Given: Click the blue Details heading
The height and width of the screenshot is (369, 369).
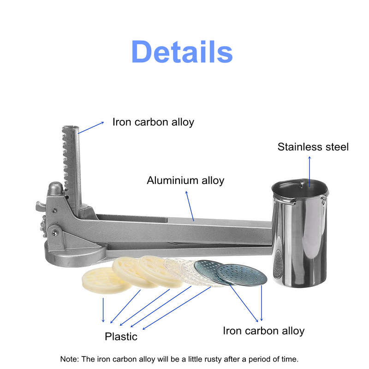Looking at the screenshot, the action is pos(182,52).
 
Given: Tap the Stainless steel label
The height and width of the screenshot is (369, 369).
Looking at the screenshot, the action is pos(313,147).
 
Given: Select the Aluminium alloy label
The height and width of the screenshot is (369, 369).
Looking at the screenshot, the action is pos(185,180).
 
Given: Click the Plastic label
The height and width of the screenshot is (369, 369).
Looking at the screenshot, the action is pos(121,337).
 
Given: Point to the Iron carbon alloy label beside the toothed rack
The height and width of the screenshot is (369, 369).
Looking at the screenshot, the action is pos(153,122).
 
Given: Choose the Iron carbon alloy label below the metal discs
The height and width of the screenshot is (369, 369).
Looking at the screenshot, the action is pos(263,331).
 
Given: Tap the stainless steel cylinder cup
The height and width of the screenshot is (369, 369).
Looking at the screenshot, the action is pos(299,233).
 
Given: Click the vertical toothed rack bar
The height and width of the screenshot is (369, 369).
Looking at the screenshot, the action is pos(72,169).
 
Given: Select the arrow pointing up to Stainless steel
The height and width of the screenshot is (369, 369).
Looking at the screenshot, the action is pos(309,172).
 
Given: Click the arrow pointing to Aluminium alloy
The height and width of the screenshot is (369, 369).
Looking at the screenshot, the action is pos(190,206).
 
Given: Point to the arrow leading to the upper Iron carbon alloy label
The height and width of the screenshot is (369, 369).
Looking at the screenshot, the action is pos(91,128).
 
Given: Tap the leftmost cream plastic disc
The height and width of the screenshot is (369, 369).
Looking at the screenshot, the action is pos(106,280).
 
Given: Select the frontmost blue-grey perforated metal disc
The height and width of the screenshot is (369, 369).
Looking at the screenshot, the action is pos(242,275).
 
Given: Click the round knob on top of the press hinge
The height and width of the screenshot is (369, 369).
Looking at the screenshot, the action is pos(55,188).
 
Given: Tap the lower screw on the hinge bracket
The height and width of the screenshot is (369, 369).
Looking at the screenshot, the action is pos(54,232).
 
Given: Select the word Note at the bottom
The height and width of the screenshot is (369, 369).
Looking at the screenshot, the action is pos(68,359).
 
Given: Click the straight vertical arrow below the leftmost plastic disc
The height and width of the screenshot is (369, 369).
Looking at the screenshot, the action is pos(103,310).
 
